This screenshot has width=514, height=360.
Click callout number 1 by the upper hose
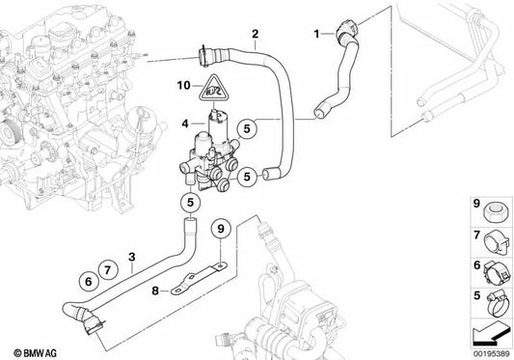315,36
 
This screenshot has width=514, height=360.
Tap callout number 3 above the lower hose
132,257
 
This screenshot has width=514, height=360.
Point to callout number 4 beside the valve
184,123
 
